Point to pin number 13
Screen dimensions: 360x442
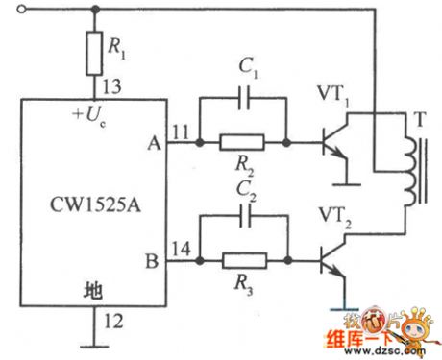(x=114, y=88)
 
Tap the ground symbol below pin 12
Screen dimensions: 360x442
(x=93, y=342)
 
